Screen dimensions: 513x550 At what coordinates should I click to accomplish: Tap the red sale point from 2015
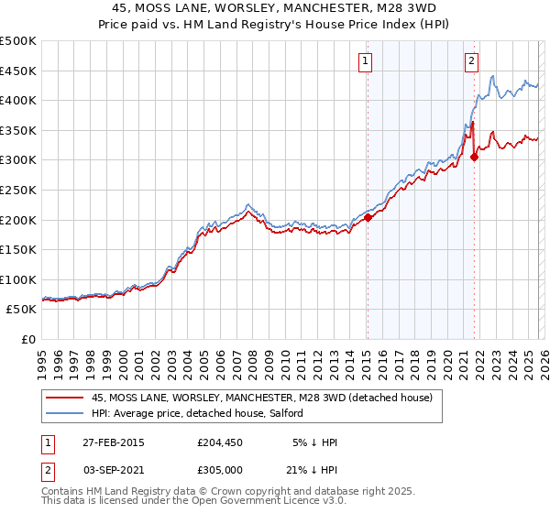pyautogui.click(x=368, y=217)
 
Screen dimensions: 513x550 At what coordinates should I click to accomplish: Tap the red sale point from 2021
pyautogui.click(x=474, y=157)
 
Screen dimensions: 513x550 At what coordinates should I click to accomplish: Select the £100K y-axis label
pyautogui.click(x=18, y=279)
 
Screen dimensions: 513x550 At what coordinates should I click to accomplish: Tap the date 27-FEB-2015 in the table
pyautogui.click(x=113, y=442)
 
